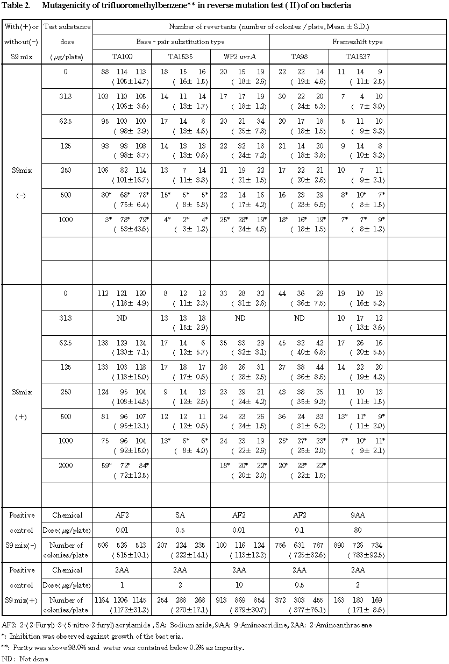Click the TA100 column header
(x=122, y=56)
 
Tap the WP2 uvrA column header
(x=240, y=56)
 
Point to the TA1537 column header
(x=358, y=56)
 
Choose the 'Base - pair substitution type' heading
(x=181, y=41)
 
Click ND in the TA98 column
(x=299, y=318)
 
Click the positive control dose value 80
(x=358, y=530)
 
